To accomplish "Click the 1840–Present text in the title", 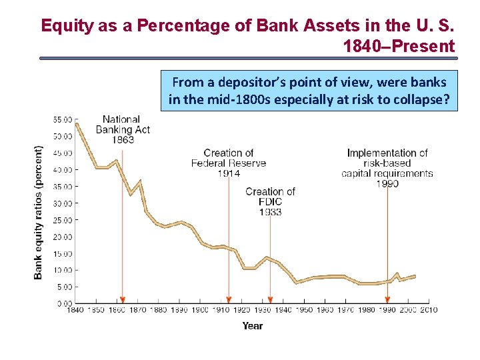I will pos(399,46).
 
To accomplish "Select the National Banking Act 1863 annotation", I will pos(122,129).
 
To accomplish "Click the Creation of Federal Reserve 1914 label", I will pos(229,163).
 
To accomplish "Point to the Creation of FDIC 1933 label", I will pos(270,201).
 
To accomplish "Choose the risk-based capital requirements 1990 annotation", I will pos(387,168).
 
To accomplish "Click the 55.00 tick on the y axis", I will pos(63,120).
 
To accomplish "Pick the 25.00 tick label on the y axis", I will pos(63,220).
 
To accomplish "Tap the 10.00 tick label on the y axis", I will pos(63,270).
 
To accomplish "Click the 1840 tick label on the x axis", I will pos(75,310).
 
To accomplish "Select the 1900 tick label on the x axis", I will pos(200,310).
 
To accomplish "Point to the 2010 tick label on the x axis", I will pos(428,310).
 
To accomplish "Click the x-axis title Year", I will pos(252,326).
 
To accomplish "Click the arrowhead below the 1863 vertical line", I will pos(122,299).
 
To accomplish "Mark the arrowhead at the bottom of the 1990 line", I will pos(387,299).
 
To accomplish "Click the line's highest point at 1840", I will pos(77,123).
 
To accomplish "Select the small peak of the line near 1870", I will pos(139,181).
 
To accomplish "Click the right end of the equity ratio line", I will pos(415,275).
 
